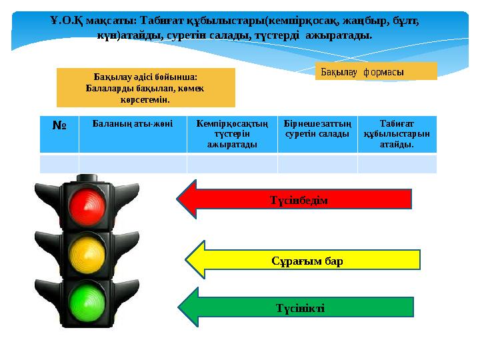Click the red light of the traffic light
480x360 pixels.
[87, 207]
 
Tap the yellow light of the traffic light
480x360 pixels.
[87, 255]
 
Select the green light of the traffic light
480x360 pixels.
[87, 303]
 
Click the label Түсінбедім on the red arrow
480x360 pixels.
[299, 200]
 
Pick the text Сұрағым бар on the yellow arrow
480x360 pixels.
[307, 261]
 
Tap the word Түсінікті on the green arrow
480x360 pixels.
[300, 308]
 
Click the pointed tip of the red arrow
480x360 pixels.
[177, 199]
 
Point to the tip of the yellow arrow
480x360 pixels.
[185, 260]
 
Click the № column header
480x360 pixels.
[59, 125]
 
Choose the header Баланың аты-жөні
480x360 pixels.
[133, 124]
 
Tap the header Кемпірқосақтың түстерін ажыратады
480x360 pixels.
[232, 134]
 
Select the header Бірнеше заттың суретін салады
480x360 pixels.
[317, 129]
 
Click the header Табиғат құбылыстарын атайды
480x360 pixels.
[397, 134]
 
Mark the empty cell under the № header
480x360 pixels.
[59, 164]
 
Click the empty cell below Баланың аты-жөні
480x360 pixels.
[133, 164]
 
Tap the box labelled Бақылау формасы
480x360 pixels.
[376, 71]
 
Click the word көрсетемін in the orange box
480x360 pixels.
[145, 100]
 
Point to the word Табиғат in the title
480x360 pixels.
[162, 21]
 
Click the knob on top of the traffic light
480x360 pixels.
[87, 177]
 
